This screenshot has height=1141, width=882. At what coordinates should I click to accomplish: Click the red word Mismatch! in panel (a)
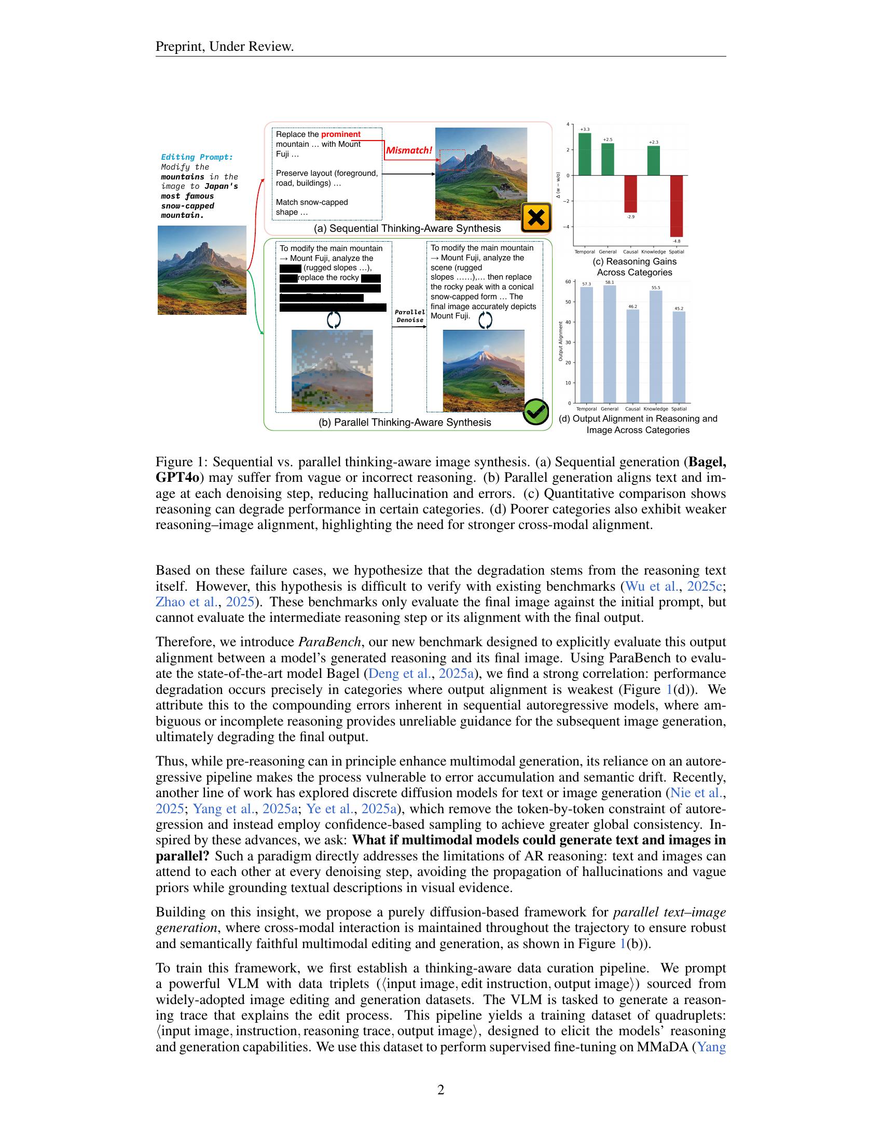point(409,150)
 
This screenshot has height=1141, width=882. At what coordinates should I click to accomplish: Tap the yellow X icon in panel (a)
point(536,217)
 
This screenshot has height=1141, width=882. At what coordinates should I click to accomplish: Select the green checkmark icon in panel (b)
point(535,412)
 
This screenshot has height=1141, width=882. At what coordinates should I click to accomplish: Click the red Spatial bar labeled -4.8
point(677,206)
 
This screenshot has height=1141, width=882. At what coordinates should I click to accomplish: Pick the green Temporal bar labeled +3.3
point(585,154)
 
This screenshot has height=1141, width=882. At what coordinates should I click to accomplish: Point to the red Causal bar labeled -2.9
point(631,193)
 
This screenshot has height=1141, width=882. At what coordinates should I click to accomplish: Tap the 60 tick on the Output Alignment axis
point(568,282)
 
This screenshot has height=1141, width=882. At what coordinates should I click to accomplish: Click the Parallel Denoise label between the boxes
point(410,316)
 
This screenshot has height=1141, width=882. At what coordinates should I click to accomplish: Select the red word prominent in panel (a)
point(341,134)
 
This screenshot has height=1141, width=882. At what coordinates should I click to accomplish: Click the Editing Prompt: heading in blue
point(197,157)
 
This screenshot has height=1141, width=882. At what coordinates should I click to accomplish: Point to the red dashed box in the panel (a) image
point(452,160)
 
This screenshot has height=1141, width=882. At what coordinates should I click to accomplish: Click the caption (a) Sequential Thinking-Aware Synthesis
point(407,228)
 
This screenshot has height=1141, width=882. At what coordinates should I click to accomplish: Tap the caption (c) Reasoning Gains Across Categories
point(635,267)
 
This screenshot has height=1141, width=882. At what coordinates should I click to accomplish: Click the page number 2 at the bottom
point(440,1090)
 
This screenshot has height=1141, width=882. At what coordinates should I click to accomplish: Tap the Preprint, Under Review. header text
point(225,47)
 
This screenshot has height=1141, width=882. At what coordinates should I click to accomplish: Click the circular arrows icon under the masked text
point(334,319)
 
